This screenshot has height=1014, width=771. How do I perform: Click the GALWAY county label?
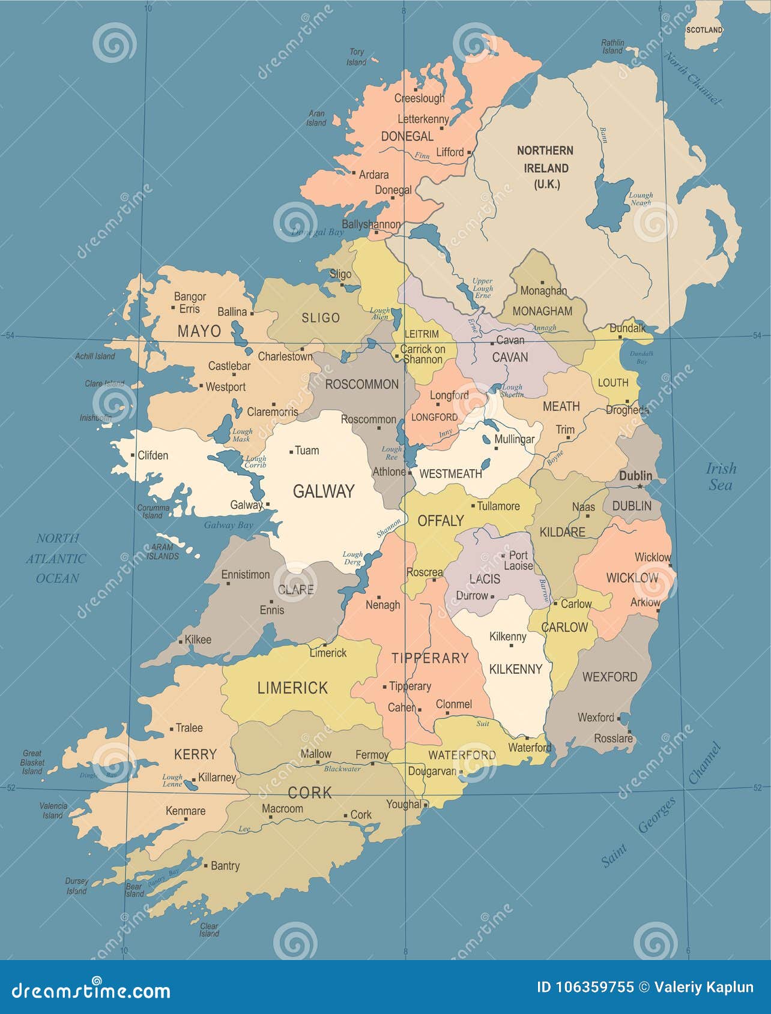click(323, 491)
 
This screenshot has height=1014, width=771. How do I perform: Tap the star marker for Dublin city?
click(640, 486)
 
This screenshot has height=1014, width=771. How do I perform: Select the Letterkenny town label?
click(423, 119)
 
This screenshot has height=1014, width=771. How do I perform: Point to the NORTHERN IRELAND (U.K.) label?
click(545, 167)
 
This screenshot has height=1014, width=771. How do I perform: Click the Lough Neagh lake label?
click(640, 199)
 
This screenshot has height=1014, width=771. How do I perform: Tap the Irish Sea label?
click(721, 476)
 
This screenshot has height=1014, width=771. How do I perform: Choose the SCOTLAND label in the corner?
click(704, 29)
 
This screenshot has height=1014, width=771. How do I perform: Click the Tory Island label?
click(356, 57)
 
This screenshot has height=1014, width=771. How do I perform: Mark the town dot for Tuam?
click(291, 451)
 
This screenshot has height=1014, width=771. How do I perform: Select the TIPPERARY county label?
click(430, 658)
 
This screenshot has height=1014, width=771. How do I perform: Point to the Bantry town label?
click(225, 865)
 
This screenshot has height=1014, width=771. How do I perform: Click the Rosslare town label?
click(613, 739)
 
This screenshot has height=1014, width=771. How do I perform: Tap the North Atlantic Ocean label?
click(57, 558)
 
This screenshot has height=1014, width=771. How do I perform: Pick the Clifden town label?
click(153, 455)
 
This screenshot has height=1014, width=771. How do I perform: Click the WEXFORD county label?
click(609, 677)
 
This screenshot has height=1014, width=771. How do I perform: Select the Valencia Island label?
click(53, 811)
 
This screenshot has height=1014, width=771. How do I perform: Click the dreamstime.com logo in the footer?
click(91, 989)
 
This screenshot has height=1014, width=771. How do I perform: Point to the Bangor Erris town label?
click(190, 302)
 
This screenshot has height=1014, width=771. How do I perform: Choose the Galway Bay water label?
click(228, 525)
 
